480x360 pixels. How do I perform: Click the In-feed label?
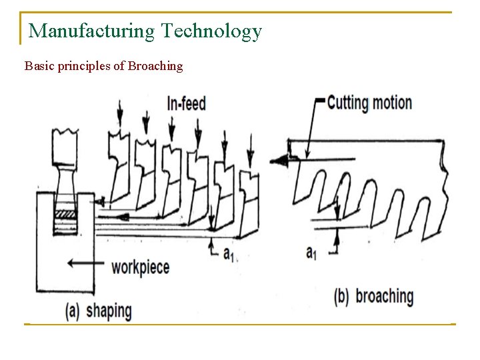(186, 104)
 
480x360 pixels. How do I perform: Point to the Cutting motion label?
(369, 103)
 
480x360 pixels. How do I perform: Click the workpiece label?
(140, 267)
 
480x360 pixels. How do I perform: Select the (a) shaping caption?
(98, 310)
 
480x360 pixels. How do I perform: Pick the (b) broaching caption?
(373, 297)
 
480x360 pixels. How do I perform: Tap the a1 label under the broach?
(311, 252)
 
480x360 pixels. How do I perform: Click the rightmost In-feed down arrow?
(250, 149)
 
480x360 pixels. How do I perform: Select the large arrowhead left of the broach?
(279, 159)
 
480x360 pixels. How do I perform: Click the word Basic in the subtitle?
(37, 66)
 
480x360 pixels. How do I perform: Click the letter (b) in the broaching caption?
(341, 297)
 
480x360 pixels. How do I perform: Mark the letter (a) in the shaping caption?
(73, 311)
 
